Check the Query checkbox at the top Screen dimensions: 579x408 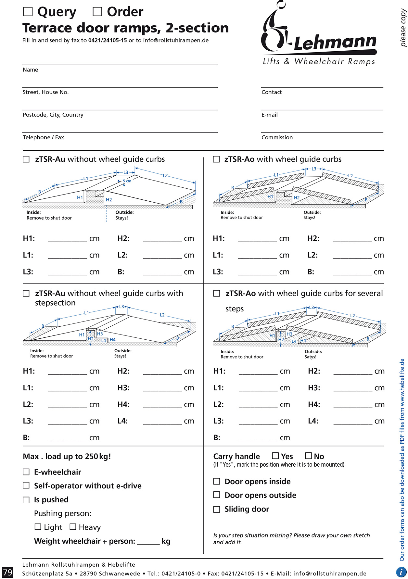[x=28, y=12]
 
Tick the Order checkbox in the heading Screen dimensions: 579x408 [x=97, y=12]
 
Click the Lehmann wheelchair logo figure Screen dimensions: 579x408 [x=274, y=28]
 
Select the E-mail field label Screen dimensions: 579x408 [x=270, y=115]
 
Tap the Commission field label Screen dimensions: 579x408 [x=277, y=137]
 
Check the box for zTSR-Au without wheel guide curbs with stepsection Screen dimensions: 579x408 [x=26, y=293]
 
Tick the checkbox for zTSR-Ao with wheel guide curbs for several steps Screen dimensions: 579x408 [x=217, y=293]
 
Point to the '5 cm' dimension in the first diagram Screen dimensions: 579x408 [x=127, y=181]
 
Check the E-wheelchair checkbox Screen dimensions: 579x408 [x=26, y=472]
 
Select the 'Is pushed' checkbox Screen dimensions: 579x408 [x=26, y=500]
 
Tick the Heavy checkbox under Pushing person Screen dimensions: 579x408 [x=73, y=527]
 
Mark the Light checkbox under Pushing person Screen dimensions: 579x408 [x=38, y=527]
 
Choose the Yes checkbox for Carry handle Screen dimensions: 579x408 [x=275, y=456]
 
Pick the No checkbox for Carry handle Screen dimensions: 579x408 [x=309, y=456]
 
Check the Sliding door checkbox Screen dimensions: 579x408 [x=217, y=509]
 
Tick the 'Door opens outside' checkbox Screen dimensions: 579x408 [x=217, y=495]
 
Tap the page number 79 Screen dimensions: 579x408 [x=7, y=572]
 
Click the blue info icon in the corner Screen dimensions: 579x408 [x=401, y=572]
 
